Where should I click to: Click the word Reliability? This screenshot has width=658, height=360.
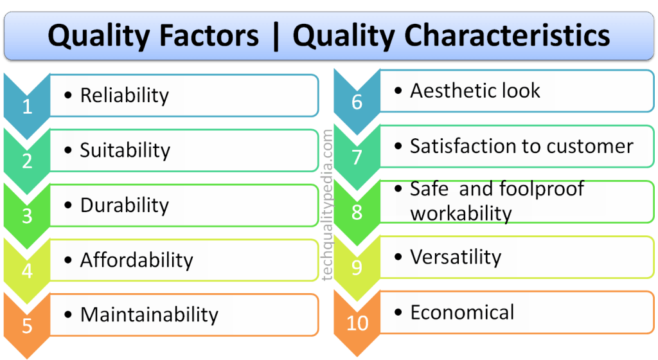125,96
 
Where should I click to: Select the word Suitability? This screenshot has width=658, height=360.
125,150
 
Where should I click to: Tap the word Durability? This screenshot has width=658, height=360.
125,206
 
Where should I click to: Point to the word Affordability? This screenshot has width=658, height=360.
137,260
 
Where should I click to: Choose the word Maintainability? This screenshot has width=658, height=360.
149,315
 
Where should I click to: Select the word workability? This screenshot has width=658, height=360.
461,213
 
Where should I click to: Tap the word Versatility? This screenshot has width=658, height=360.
456,257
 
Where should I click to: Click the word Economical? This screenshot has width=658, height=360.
462,312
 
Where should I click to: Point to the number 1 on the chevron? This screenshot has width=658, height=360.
27,107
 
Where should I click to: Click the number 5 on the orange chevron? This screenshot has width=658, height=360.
27,326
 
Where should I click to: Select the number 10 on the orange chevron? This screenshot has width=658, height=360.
357,323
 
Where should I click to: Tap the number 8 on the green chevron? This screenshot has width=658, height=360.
357,212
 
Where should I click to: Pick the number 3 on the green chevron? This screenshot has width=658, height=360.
27,216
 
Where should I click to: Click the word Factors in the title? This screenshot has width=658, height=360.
209,35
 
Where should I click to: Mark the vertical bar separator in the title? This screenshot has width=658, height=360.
276,36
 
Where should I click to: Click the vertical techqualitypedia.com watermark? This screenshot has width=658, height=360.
327,205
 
